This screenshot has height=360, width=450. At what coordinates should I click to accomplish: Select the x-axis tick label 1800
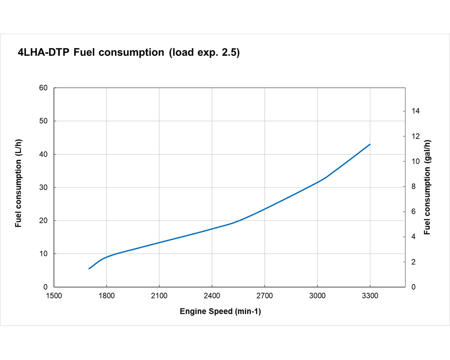107,296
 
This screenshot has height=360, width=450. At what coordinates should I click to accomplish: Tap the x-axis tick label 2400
212,296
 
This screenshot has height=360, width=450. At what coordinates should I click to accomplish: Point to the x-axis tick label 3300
370,296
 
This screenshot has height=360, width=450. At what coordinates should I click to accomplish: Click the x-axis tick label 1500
54,296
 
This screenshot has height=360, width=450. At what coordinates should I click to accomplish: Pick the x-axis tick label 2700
264,296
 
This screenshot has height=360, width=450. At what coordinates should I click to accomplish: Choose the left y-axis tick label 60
43,88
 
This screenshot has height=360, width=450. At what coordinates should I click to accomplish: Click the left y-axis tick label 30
43,187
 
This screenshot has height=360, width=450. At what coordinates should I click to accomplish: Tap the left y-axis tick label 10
43,254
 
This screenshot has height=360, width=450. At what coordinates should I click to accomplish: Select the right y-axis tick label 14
416,111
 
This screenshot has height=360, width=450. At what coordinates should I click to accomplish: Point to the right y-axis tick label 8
413,186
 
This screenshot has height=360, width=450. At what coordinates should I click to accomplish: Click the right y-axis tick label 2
413,262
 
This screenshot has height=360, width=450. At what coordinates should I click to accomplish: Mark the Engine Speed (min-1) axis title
220,311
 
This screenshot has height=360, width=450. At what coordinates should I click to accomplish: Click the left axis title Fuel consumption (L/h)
18,183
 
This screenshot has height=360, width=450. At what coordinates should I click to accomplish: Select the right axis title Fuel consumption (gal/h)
427,187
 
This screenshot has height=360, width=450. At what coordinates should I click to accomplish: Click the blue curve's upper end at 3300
370,144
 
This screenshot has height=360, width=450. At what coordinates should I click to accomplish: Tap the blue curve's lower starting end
89,269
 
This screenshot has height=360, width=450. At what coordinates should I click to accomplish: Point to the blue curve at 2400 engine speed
212,229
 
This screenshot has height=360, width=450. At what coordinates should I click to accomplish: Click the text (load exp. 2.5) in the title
204,52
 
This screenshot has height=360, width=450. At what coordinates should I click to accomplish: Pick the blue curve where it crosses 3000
317,182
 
